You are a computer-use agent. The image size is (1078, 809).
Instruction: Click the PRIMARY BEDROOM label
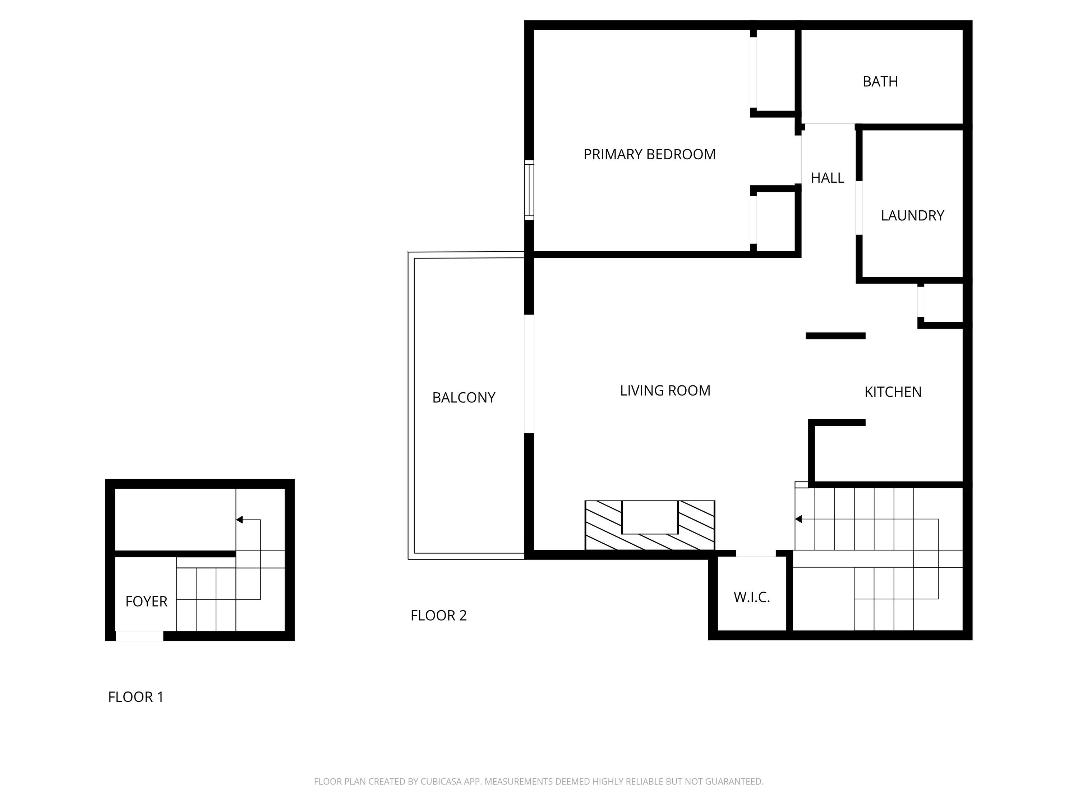[649, 155]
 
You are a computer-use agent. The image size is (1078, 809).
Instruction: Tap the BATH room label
[880, 81]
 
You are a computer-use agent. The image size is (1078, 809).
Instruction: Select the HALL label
[827, 178]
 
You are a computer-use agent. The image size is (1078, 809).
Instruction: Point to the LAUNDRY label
[912, 215]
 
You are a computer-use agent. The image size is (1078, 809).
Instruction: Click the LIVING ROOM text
[665, 390]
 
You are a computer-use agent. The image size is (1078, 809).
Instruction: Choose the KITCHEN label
[893, 392]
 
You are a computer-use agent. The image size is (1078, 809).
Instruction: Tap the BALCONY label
[464, 398]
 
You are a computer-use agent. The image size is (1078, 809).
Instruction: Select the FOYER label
[146, 602]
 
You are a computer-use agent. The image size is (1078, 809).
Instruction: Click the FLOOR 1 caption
[135, 697]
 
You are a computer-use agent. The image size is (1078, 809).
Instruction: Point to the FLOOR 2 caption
[439, 616]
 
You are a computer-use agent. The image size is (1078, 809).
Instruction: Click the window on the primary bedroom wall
[529, 190]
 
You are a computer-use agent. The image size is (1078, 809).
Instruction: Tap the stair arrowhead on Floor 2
[798, 519]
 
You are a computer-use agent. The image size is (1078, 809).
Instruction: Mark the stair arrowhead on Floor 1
[239, 520]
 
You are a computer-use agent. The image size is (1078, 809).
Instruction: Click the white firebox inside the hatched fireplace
[650, 517]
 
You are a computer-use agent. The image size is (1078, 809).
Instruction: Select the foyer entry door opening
[139, 636]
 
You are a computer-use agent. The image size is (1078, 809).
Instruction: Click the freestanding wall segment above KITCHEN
[835, 336]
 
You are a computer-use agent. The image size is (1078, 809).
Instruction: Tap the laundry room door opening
[859, 208]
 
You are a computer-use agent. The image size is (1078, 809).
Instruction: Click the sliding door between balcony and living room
[529, 374]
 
